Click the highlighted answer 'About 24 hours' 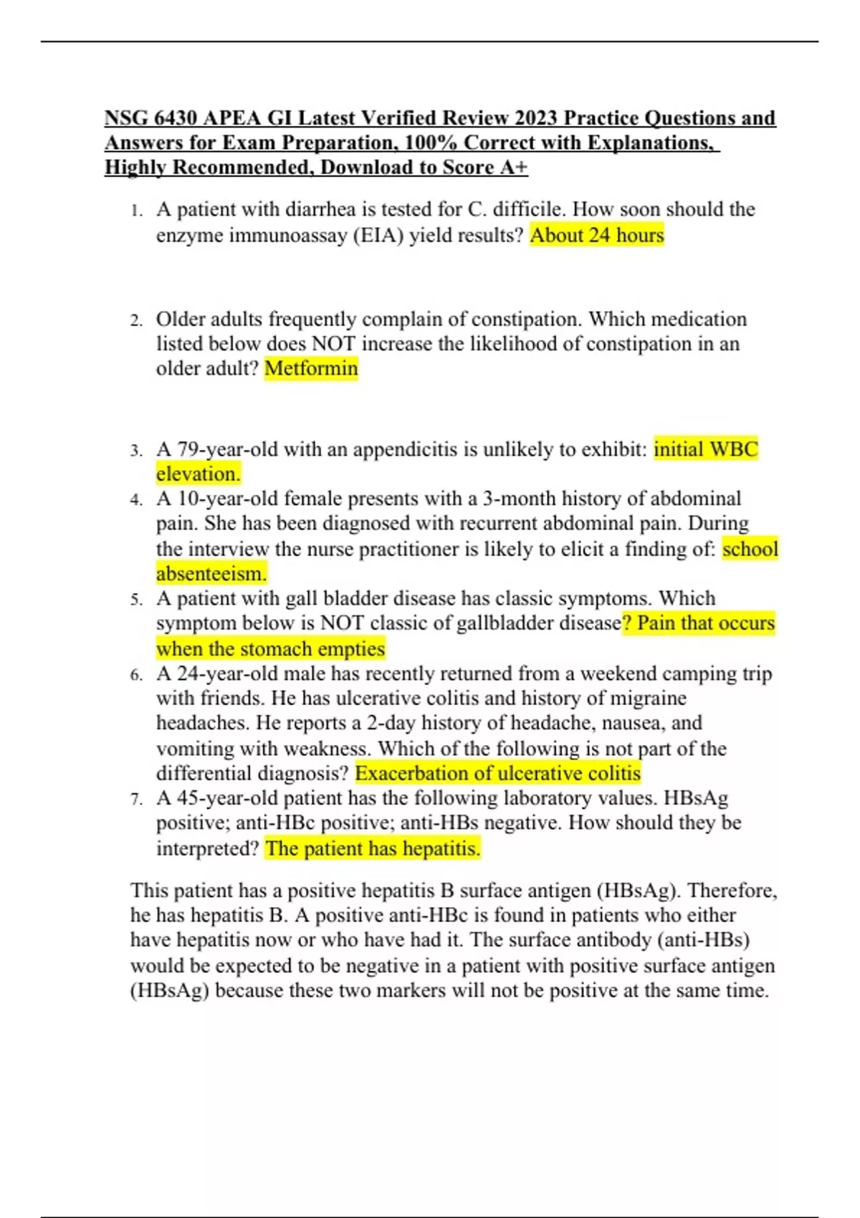point(597,235)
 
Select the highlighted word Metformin point(311,368)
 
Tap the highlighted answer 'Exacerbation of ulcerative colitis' point(497,773)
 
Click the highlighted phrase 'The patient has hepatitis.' point(373,848)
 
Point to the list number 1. point(136,211)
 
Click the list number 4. point(136,499)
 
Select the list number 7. point(136,799)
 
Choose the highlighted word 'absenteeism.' point(211,574)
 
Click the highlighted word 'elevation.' point(199,474)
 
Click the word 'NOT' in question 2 point(334,344)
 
